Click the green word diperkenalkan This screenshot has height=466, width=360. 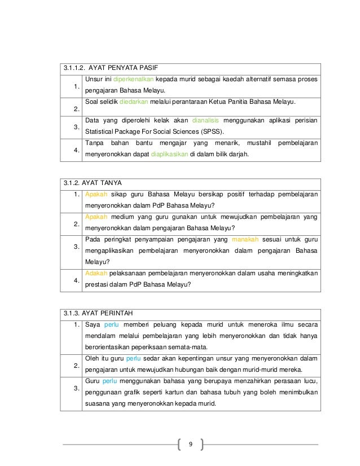(x=134, y=78)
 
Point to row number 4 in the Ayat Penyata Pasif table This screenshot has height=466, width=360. (x=75, y=151)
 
